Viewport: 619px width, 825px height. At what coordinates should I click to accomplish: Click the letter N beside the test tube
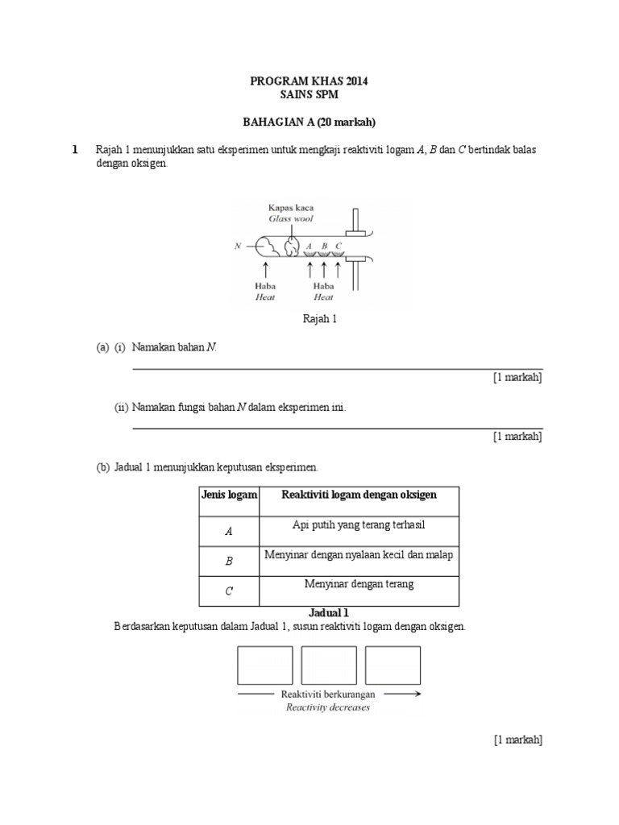238,246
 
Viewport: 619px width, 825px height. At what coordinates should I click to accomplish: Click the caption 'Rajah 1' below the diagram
318,319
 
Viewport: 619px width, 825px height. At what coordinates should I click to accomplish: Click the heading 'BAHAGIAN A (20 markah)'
309,122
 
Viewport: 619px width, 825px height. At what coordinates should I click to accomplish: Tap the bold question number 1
75,150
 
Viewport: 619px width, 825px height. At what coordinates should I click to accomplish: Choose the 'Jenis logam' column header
228,495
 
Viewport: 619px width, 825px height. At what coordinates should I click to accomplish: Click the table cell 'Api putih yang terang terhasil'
358,525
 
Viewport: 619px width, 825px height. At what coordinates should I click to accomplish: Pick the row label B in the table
228,562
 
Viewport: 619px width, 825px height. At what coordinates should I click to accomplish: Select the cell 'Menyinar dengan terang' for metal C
359,584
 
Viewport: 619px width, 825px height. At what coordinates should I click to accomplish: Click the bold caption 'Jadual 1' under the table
329,612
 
